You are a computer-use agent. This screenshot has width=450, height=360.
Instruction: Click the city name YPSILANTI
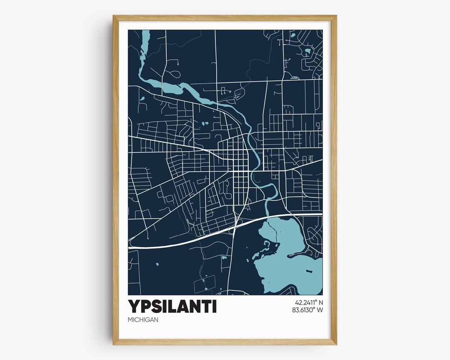(x=172, y=306)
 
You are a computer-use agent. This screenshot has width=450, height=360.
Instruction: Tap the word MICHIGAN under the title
(x=143, y=320)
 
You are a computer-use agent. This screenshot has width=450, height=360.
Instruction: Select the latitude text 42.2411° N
(x=309, y=302)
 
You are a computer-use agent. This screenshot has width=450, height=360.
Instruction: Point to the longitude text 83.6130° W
(x=309, y=310)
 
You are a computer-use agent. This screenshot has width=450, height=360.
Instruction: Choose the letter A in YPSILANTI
(x=183, y=306)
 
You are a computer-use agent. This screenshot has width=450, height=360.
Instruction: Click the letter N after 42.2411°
(x=321, y=302)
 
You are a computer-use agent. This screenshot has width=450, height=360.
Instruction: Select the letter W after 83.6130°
(x=320, y=310)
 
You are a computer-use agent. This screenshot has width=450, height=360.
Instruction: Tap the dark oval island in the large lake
(x=310, y=271)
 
